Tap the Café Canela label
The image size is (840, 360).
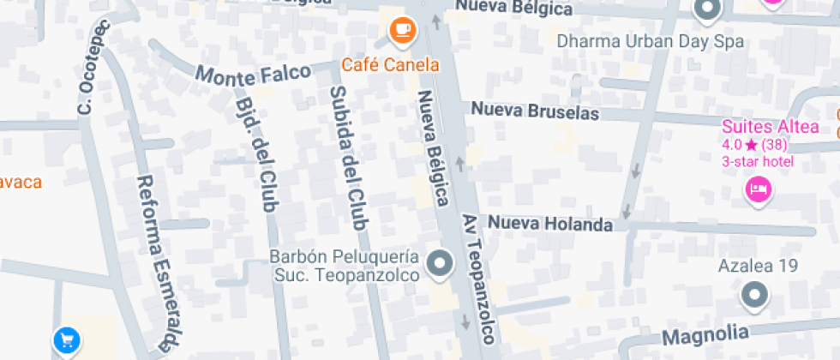[390, 64]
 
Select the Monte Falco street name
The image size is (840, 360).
[253, 73]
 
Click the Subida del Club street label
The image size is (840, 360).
[348, 158]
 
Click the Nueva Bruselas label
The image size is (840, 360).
[535, 111]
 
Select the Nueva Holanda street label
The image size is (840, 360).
[550, 224]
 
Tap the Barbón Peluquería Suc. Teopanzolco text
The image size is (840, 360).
[345, 266]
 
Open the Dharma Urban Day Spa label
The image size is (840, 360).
[650, 41]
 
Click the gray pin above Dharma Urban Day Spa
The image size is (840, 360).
[706, 11]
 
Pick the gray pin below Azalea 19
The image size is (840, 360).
[754, 297]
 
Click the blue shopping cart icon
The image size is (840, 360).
[66, 340]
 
